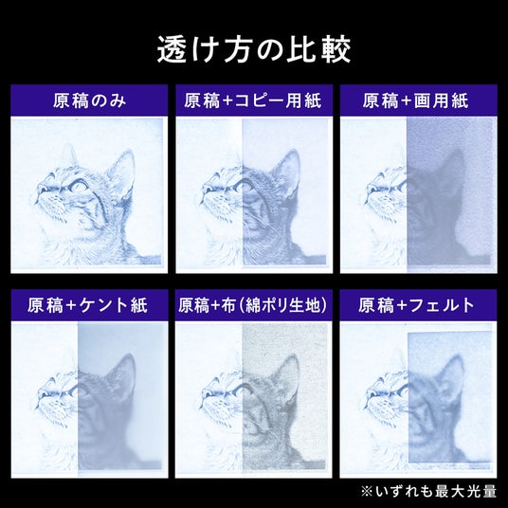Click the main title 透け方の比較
click(x=254, y=49)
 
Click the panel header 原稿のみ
click(x=89, y=100)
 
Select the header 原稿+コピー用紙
click(x=253, y=100)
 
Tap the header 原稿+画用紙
click(x=415, y=100)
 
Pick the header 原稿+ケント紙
click(x=87, y=305)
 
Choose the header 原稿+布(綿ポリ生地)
click(x=253, y=305)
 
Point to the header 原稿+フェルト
click(x=416, y=305)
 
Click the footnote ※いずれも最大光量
click(x=428, y=491)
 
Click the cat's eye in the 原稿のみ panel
click(x=79, y=187)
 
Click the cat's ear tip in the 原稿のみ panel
click(x=130, y=152)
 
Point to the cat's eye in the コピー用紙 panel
click(x=244, y=187)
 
